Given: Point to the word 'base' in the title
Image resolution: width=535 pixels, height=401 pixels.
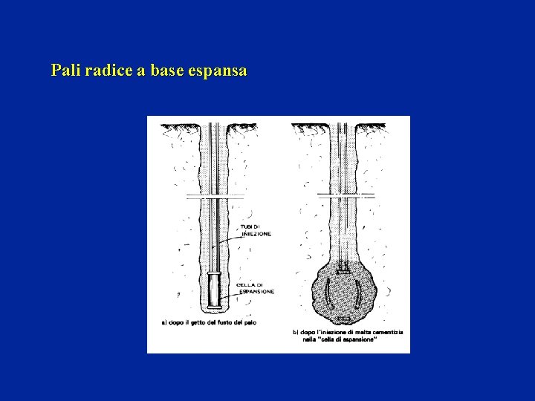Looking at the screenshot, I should point(165,71).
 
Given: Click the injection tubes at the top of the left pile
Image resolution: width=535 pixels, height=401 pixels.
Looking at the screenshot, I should point(213,137).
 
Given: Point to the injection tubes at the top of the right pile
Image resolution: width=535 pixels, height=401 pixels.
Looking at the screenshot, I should point(344,137).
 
